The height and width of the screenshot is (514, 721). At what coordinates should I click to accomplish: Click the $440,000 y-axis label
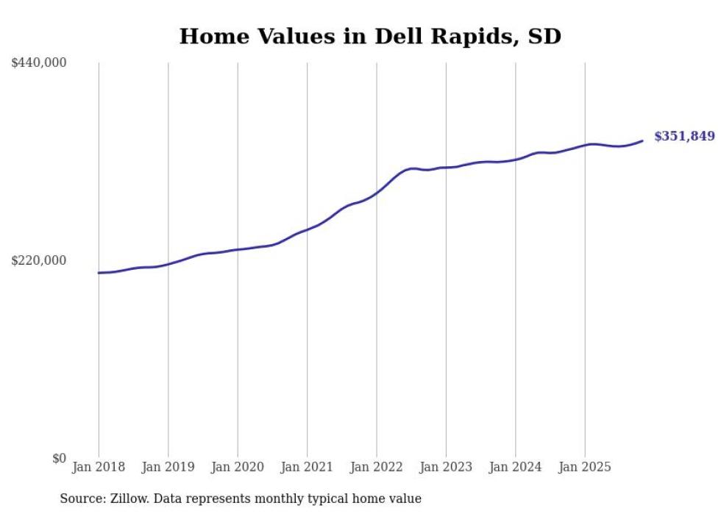[x=38, y=63]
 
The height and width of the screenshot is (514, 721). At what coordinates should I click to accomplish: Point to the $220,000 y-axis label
[x=38, y=260]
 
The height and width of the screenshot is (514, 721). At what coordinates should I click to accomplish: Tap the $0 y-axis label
[x=59, y=458]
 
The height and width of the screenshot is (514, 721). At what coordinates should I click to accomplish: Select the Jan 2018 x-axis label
[x=99, y=467]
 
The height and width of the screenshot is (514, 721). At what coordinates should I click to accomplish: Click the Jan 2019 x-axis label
[x=168, y=467]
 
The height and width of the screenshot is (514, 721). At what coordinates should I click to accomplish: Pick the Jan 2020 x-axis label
[x=238, y=467]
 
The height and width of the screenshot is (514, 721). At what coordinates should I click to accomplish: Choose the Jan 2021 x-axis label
[x=307, y=467]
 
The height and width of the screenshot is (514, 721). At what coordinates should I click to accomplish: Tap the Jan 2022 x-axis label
[x=377, y=467]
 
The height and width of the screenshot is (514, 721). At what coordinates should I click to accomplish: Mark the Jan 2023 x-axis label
[x=446, y=467]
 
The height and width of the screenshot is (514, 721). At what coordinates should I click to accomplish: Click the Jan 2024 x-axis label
[x=516, y=467]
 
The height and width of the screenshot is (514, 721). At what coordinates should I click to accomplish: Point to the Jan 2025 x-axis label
[x=585, y=467]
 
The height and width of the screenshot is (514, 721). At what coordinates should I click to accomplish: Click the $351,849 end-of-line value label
[x=684, y=136]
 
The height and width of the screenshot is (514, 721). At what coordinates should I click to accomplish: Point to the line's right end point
[x=642, y=140]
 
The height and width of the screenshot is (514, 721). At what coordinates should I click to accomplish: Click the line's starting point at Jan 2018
[x=99, y=273]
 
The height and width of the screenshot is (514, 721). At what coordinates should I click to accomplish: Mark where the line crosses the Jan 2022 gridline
[x=377, y=193]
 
